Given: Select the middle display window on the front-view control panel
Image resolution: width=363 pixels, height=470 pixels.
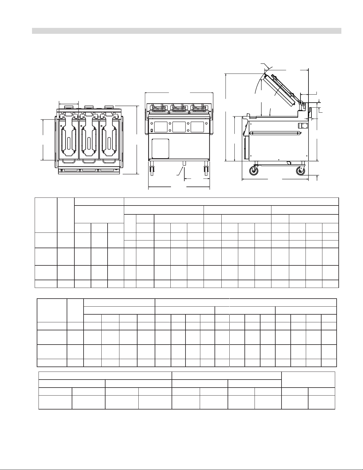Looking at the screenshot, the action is click(x=179, y=127).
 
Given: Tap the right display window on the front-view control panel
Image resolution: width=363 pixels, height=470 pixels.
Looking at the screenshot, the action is click(x=197, y=127).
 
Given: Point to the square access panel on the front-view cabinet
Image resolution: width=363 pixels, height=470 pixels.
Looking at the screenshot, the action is click(x=160, y=148).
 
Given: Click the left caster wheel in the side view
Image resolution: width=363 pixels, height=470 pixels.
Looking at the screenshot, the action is click(x=253, y=171).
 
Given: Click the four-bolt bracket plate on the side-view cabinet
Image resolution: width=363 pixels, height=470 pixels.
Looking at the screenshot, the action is click(x=303, y=125).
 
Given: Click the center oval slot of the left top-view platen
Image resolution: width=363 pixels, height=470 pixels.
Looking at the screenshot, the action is click(x=69, y=144).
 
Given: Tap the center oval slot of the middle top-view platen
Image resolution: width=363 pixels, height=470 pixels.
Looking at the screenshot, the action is click(x=89, y=144).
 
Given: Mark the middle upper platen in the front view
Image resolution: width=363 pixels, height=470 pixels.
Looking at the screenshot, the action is click(x=179, y=109).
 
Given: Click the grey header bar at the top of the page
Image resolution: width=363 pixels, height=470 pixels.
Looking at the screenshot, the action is click(x=187, y=31).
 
